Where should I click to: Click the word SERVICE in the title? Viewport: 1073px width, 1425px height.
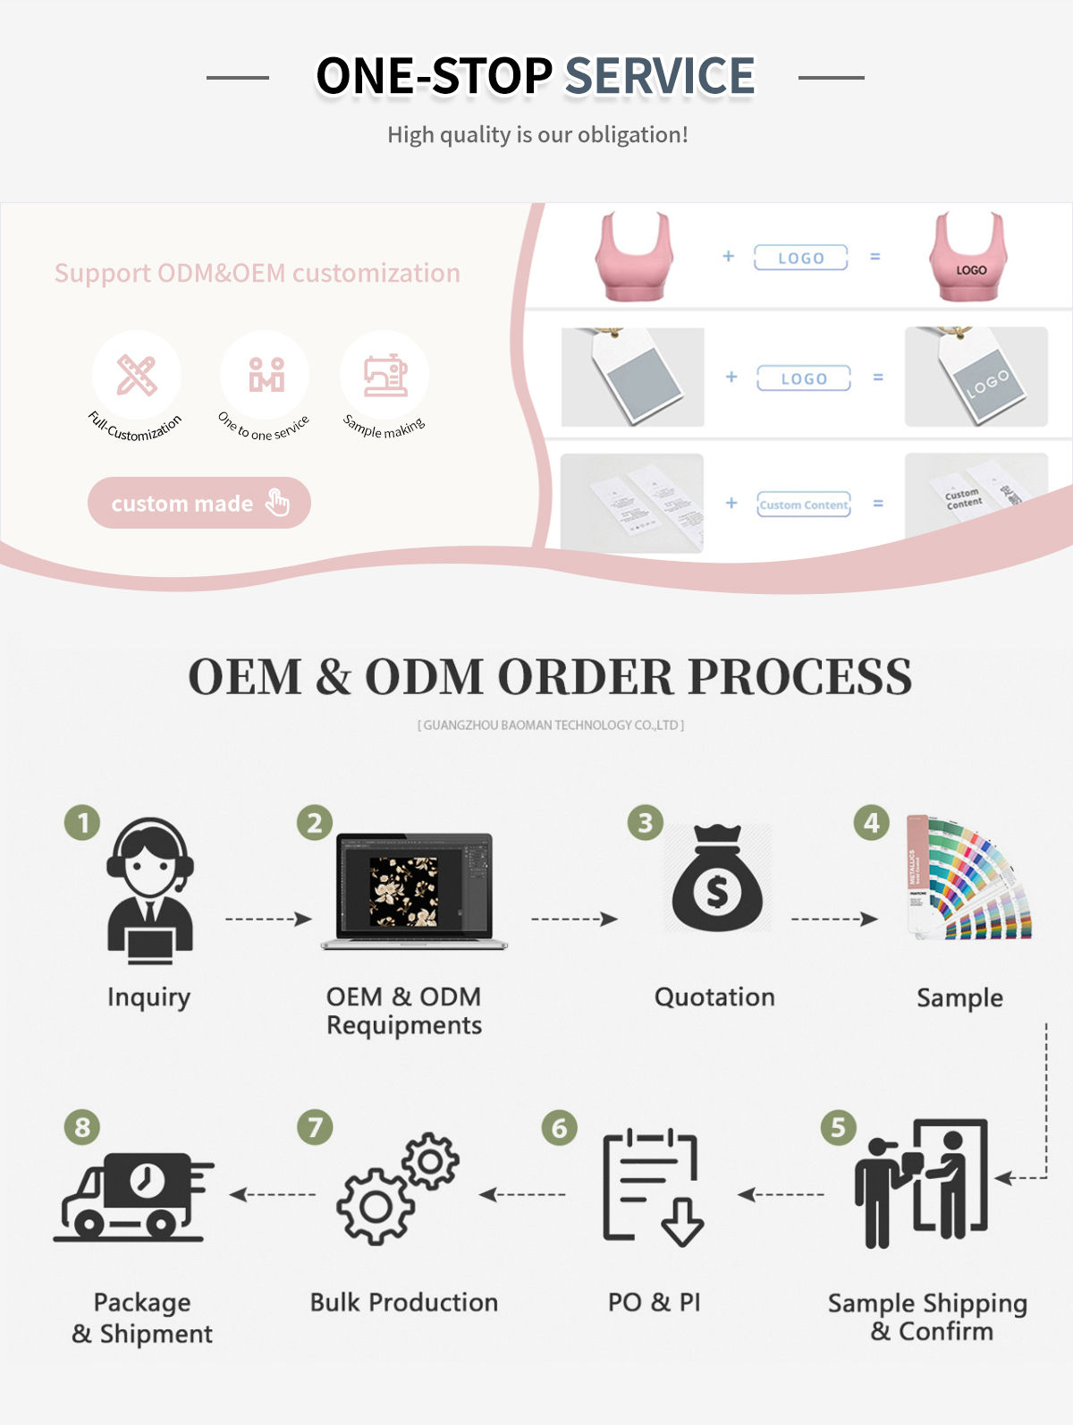click(x=660, y=75)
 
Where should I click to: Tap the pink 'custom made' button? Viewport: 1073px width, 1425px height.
click(x=199, y=503)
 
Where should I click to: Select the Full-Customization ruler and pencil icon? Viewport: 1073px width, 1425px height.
click(x=136, y=376)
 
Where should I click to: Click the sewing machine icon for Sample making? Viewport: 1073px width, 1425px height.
click(x=385, y=376)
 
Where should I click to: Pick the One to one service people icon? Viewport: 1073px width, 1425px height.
click(x=266, y=376)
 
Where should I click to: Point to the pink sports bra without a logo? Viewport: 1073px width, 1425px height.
click(x=633, y=257)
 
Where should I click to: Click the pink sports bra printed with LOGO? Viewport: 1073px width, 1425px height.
click(x=969, y=257)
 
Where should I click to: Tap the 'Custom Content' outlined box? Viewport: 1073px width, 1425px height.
click(x=803, y=505)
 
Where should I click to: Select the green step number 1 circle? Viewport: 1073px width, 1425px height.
click(x=82, y=822)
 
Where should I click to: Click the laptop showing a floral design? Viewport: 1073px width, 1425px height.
click(x=413, y=891)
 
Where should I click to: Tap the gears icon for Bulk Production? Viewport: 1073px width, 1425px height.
click(x=398, y=1189)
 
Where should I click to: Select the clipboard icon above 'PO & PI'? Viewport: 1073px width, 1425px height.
click(x=652, y=1187)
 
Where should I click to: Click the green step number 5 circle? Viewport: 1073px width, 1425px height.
click(x=838, y=1127)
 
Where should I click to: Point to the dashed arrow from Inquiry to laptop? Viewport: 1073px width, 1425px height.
click(x=267, y=919)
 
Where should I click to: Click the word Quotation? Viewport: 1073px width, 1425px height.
click(x=714, y=997)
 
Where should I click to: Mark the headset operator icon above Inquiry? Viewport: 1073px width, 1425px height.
click(x=149, y=890)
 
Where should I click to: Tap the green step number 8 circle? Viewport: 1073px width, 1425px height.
click(x=82, y=1127)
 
